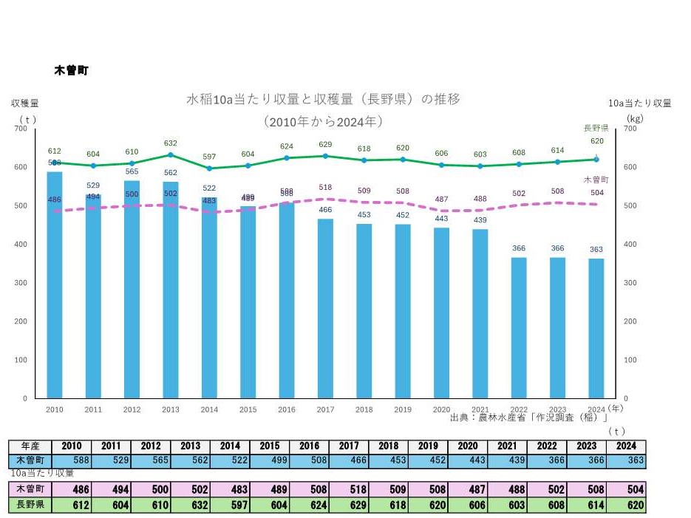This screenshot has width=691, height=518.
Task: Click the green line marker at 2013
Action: [171, 154]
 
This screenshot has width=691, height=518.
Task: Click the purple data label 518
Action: [325, 188]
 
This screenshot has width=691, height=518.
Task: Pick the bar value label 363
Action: [596, 249]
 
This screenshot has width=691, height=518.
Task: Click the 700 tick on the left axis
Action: [21, 129]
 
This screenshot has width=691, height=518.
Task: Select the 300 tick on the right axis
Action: [630, 283]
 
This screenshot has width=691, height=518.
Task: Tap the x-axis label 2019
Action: [403, 409]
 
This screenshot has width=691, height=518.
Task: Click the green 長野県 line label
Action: [596, 128]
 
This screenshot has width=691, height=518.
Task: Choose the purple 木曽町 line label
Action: [596, 180]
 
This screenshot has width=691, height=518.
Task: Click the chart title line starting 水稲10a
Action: [323, 99]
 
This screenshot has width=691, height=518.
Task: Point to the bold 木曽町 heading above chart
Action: [72, 70]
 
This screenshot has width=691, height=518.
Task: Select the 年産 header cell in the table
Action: [30, 446]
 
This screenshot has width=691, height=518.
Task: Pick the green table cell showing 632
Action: [191, 506]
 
